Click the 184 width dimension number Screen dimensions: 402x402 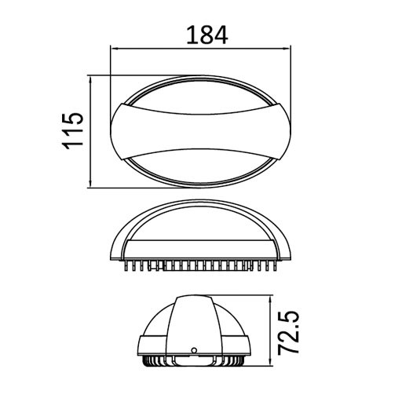[206, 35]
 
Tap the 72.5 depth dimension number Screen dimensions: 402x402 [291, 333]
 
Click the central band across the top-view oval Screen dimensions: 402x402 [201, 132]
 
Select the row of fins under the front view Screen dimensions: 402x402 [201, 267]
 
